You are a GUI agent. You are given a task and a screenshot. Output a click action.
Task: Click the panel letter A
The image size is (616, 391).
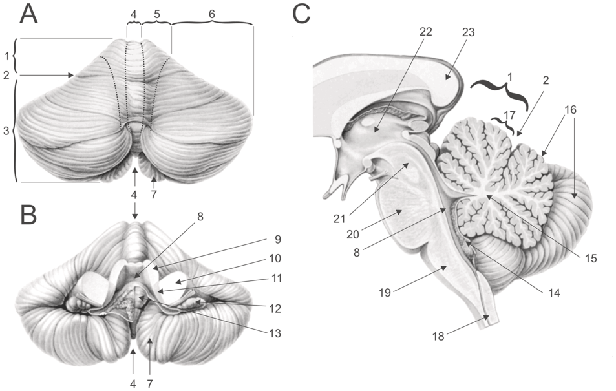(x=29, y=14)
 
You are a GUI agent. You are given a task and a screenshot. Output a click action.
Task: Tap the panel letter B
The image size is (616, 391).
(x=29, y=215)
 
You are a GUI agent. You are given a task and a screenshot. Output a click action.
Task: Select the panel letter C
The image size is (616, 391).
(x=303, y=14)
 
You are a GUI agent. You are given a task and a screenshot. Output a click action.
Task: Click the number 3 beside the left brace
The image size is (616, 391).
(x=6, y=132)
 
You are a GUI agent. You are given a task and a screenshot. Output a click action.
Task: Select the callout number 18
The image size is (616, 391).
(x=440, y=337)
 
